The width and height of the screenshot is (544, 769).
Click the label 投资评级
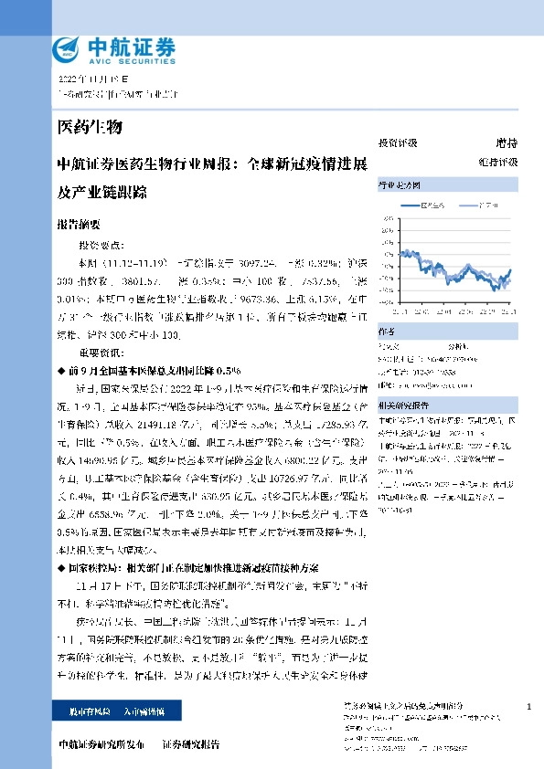click(x=397, y=142)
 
